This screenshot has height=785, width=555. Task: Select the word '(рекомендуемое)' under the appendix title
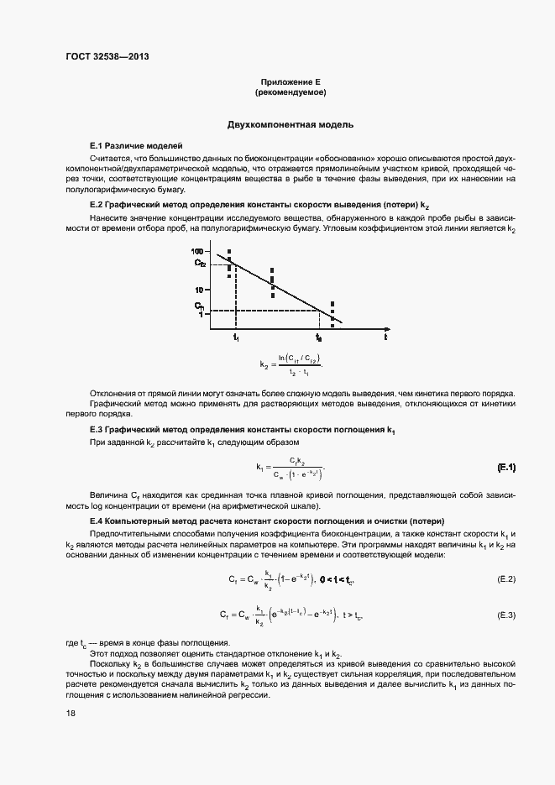(291, 92)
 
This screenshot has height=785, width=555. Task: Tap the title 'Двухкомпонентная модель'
(291, 124)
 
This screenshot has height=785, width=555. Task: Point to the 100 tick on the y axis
(198, 252)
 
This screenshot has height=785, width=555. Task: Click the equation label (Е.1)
(506, 467)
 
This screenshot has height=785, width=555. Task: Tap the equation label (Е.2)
(506, 579)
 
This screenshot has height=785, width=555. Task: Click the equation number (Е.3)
(506, 615)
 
